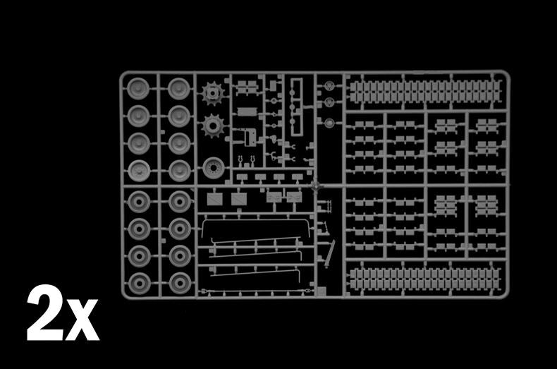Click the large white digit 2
tap(45, 313)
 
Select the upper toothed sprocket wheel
tap(212, 94)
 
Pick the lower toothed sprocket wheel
tap(213, 126)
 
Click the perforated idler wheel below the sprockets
tap(214, 168)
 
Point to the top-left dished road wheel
tap(138, 88)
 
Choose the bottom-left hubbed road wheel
tap(139, 284)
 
